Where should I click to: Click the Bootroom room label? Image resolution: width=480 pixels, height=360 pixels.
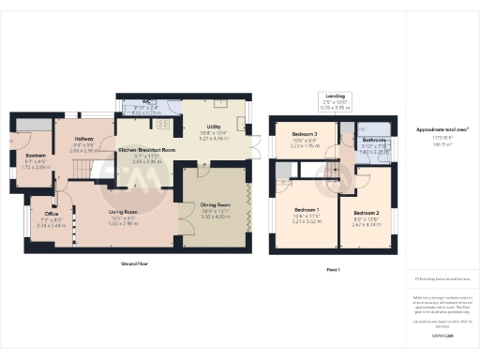point(36,155)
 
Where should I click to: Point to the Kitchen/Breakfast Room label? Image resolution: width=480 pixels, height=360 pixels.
point(147,150)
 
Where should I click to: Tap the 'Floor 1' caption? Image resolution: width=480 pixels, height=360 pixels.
point(334,269)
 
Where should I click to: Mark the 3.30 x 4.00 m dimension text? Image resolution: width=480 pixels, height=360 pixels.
point(217,216)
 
